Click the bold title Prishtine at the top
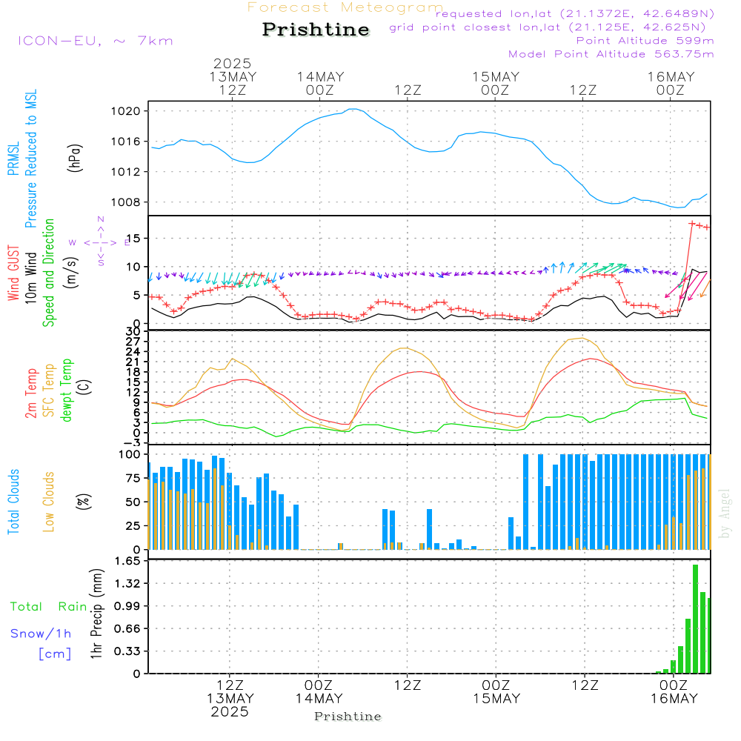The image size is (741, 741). coord(316,30)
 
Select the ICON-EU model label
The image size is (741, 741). coord(95,41)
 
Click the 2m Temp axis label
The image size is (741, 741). coord(31,393)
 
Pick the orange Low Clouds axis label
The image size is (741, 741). coord(50,501)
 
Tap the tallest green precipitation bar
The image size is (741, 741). coord(695,619)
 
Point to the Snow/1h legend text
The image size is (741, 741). coord(41,634)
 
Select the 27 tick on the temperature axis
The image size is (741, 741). coord(133,342)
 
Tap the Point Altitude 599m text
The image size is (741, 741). coord(645,40)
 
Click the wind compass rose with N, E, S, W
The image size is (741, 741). coord(99,242)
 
